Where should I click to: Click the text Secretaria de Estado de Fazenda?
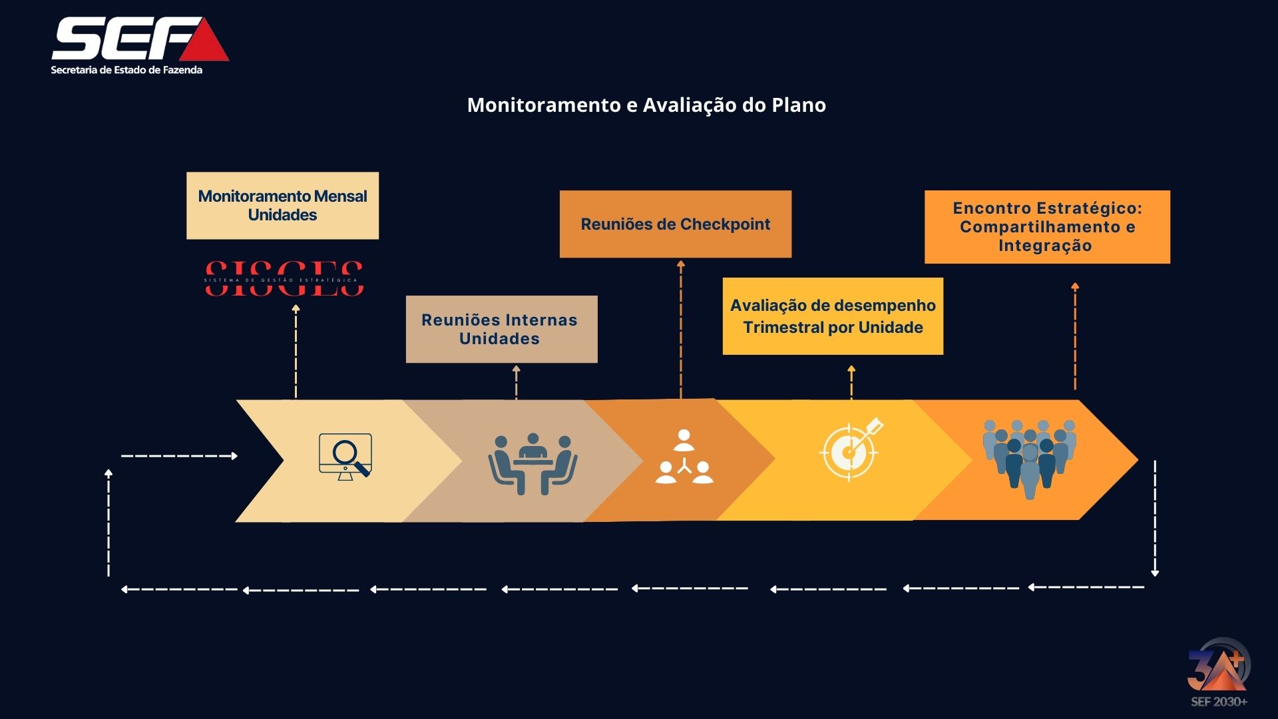126,70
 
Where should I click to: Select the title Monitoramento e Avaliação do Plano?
646,105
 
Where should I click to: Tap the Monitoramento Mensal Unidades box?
282,206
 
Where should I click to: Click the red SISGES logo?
284,279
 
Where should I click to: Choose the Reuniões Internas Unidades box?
501,330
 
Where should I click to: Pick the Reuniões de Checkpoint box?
675,224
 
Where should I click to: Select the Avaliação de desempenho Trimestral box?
833,316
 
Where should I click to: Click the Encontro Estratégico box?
1046,227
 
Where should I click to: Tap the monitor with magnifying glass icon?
345,457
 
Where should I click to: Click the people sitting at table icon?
532,463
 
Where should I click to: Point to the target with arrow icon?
851,449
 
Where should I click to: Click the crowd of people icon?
1029,458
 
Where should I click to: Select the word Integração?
1044,246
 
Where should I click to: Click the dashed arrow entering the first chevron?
180,456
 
